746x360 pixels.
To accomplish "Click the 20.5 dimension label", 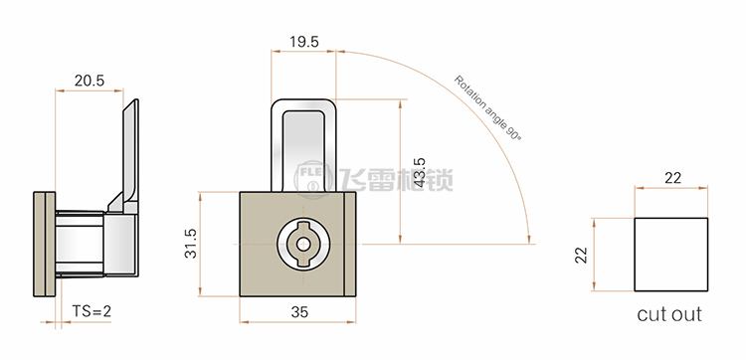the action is (x=89, y=81).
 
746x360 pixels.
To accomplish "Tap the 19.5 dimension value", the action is (x=304, y=42).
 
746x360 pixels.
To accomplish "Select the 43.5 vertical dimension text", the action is (x=419, y=172).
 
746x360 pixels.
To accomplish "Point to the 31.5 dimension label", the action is (x=191, y=244).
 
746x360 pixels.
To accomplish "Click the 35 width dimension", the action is (x=299, y=312).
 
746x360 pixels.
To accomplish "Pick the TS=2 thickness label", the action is (x=92, y=311).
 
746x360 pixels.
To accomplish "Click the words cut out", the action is (x=669, y=314).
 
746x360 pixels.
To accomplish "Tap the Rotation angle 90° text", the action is (x=487, y=107).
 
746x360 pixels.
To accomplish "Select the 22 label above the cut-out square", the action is (x=672, y=178).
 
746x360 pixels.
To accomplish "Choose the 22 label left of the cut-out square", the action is (x=582, y=255).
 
